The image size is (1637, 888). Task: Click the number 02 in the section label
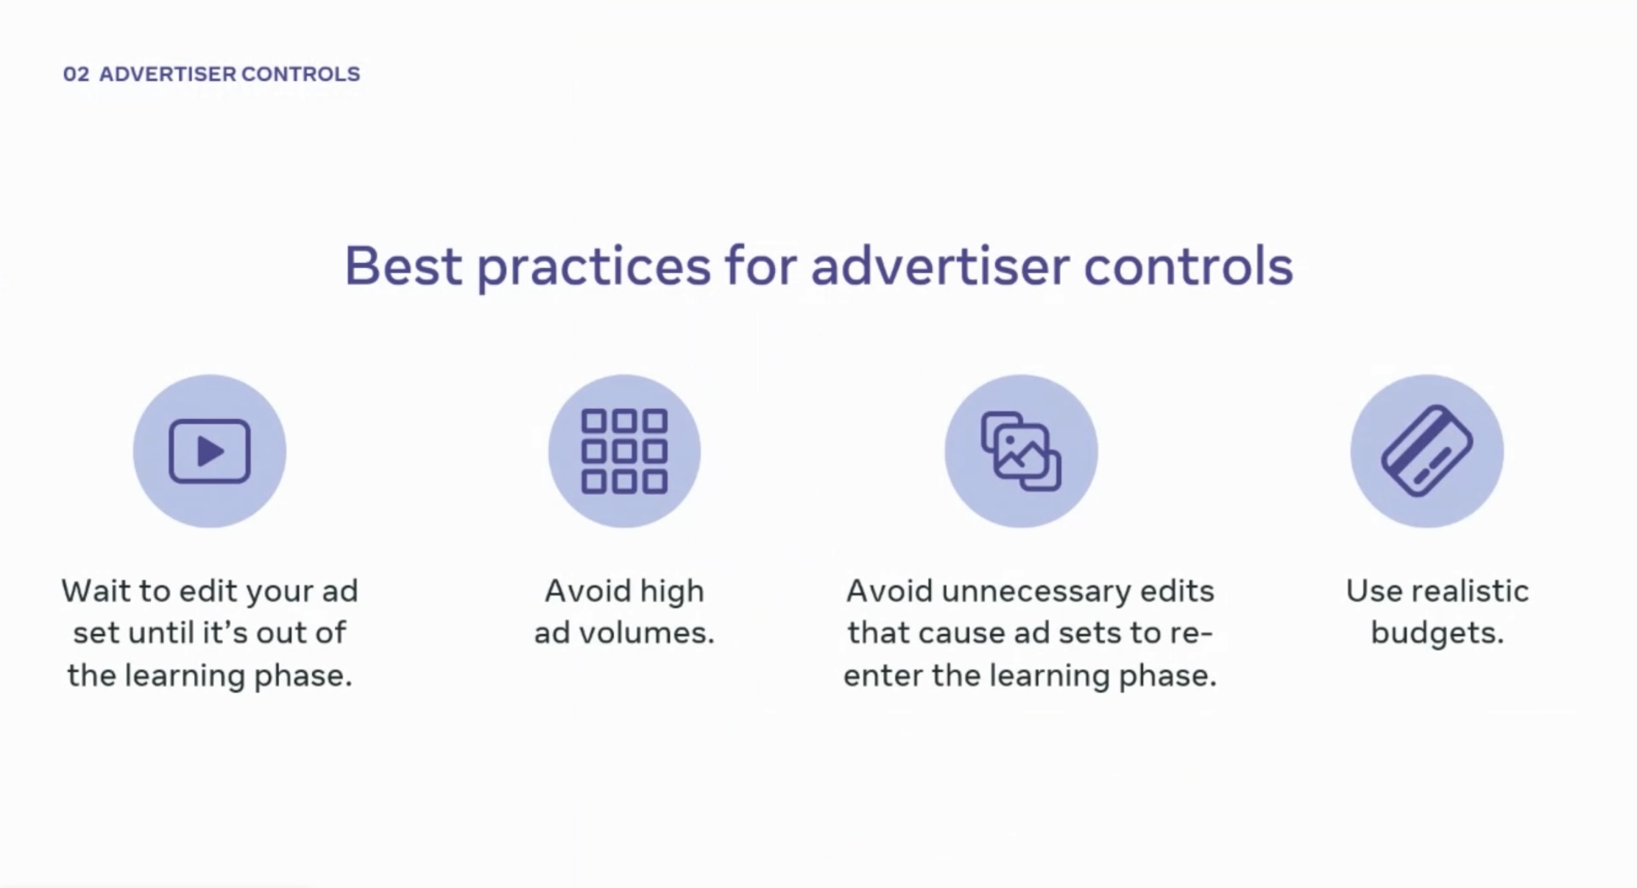76,74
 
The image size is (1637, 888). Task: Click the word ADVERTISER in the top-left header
168,74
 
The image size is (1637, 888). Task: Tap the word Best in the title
403,266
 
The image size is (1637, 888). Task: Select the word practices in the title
594,269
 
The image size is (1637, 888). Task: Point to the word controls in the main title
1188,266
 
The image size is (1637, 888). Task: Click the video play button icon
210,451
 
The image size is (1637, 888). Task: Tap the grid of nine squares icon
624,451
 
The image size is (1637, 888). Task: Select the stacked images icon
1021,451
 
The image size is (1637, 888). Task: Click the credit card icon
1426,451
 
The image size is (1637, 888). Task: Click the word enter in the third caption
883,676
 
